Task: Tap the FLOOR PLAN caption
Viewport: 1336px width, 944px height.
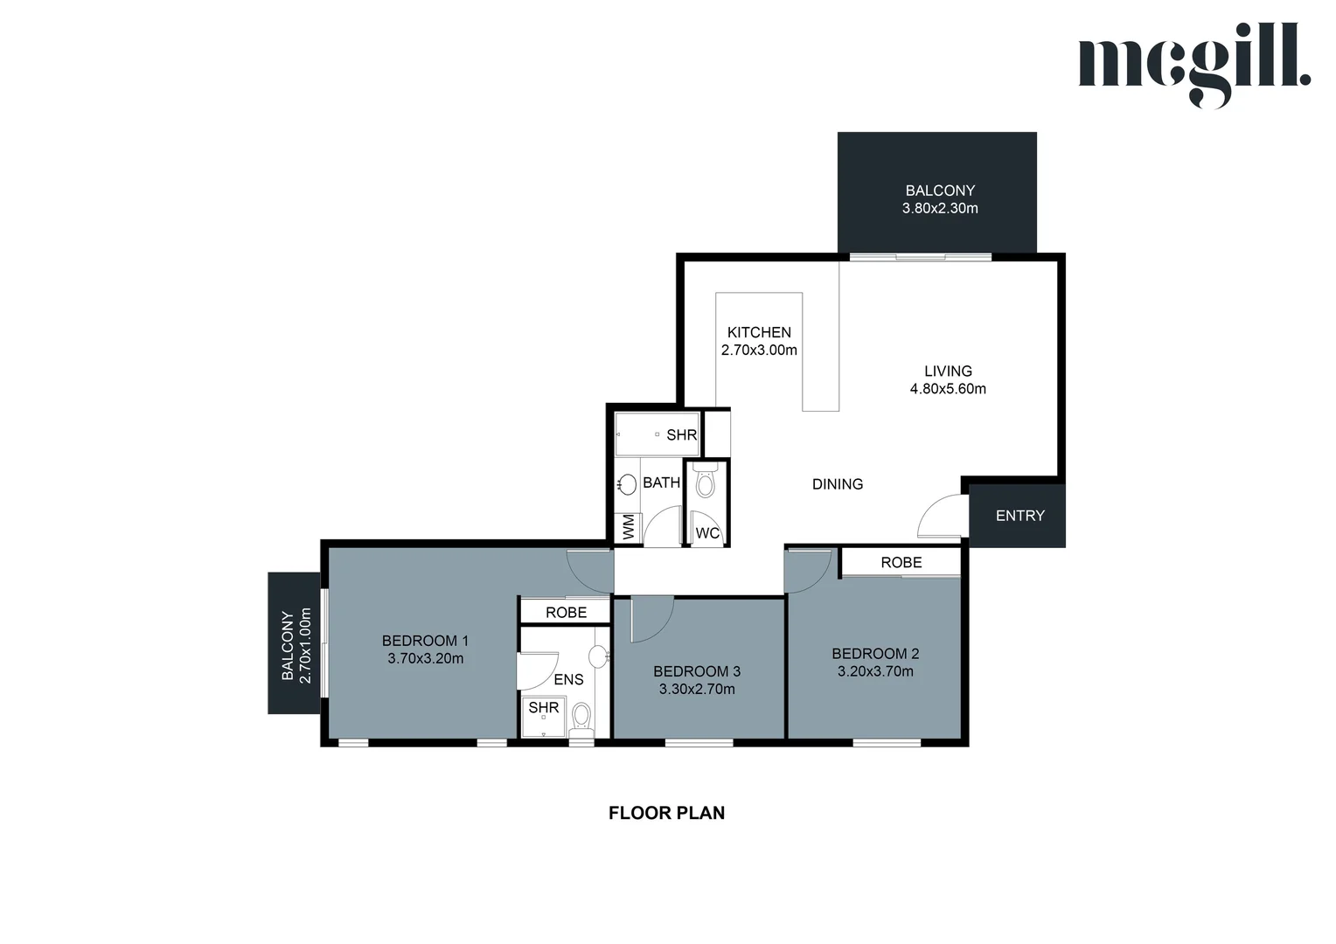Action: point(666,813)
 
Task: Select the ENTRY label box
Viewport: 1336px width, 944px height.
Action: point(1019,516)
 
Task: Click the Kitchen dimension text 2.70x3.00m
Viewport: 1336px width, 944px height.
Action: point(759,351)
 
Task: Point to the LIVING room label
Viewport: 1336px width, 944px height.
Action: point(948,371)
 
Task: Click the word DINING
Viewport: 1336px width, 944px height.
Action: point(837,484)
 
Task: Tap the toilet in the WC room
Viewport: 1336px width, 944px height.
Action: point(705,482)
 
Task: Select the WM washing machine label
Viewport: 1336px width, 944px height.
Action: point(628,527)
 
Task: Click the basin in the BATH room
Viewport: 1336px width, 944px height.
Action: point(627,484)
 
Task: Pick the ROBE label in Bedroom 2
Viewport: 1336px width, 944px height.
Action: point(901,562)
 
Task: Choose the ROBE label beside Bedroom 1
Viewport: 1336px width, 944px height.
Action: point(566,612)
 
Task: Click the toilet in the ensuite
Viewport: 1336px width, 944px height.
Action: point(581,718)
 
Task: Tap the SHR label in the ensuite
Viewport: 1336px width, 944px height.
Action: point(543,707)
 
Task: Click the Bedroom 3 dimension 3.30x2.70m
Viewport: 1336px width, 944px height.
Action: point(697,689)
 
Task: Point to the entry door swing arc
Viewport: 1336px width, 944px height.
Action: point(940,516)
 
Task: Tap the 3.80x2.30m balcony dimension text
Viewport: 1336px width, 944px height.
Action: point(940,209)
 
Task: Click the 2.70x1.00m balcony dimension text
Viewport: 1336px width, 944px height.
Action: point(305,645)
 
